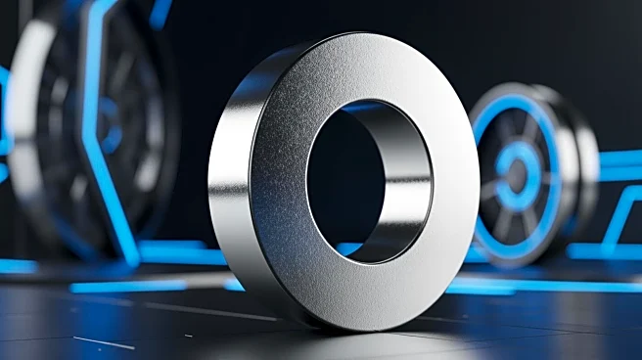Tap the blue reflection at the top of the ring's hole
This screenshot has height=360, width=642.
tap(364, 106)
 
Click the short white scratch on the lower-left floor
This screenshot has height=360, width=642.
tap(104, 342)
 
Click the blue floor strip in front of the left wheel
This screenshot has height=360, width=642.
tap(127, 287)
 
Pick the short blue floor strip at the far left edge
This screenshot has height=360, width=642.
tap(15, 266)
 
